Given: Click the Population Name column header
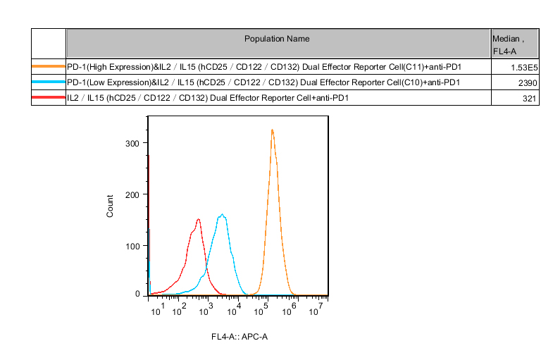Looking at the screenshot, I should click(277, 39).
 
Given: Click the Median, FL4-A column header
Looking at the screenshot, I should click(514, 44).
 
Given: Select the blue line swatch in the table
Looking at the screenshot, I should click(49, 82).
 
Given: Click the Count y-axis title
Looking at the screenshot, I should click(110, 206).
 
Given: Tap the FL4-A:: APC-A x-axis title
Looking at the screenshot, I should click(240, 336).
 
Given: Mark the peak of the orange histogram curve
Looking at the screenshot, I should click(272, 130).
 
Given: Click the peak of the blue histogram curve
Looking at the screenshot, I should click(222, 215).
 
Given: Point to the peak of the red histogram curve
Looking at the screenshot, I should click(199, 219).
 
